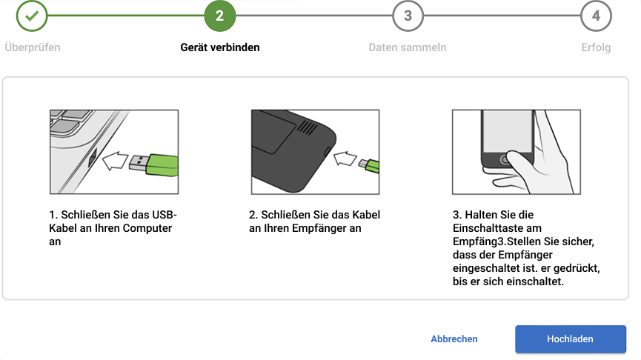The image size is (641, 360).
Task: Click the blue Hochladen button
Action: [x=571, y=339]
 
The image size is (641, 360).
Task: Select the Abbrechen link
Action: [x=454, y=339]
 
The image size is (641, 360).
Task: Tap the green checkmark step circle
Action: [x=32, y=16]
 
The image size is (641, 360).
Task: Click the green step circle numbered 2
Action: [x=220, y=16]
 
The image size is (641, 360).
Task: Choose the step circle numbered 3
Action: [x=408, y=16]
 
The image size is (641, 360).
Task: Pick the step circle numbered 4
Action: [x=596, y=16]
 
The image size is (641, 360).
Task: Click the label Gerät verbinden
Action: [x=220, y=47]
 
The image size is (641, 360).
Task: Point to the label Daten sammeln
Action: [x=407, y=47]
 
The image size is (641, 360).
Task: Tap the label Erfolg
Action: [x=596, y=47]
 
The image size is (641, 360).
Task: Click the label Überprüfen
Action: [x=33, y=47]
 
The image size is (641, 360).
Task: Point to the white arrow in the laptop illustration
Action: [x=115, y=161]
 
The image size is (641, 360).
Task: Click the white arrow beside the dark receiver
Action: [x=345, y=159]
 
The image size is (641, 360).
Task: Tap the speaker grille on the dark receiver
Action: [x=307, y=127]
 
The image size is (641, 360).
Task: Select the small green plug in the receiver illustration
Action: [x=372, y=166]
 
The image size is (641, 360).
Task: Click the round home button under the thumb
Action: [x=505, y=160]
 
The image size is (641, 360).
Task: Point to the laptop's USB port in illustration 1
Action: [x=93, y=158]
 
